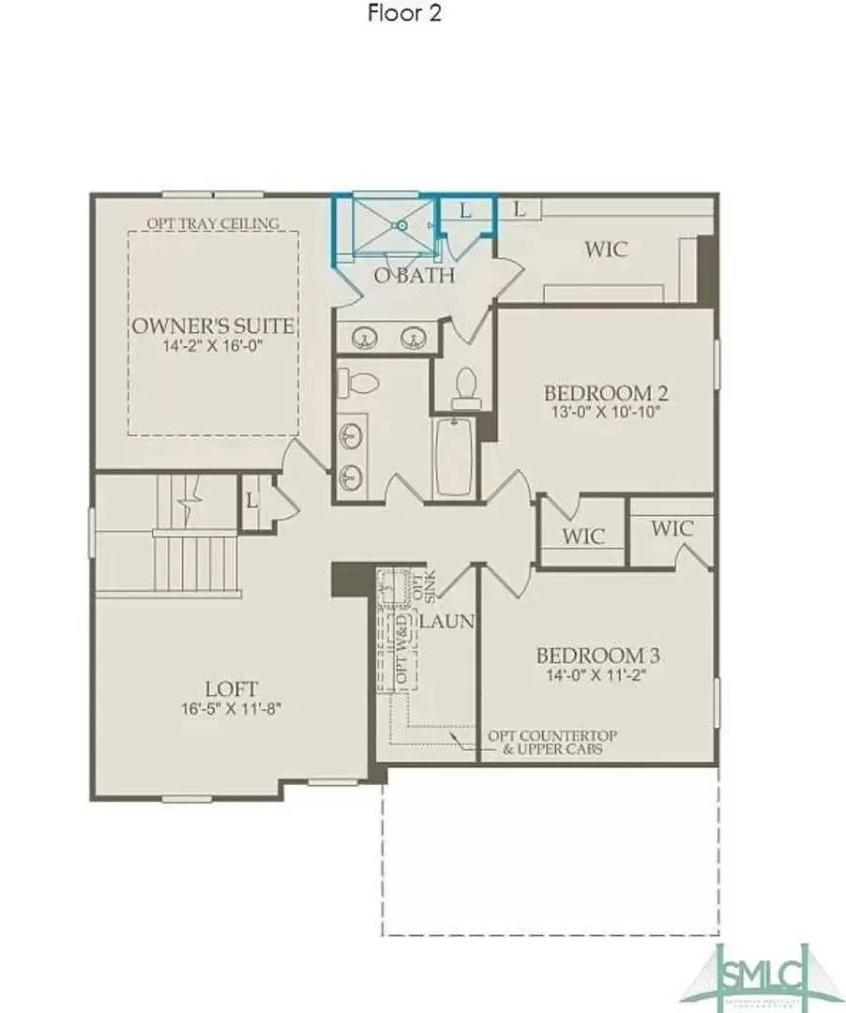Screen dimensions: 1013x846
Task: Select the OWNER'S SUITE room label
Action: coord(213,326)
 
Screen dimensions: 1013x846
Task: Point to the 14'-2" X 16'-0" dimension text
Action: coord(213,346)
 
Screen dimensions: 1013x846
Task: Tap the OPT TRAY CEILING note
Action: coord(213,223)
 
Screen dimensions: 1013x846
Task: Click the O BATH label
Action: coord(415,276)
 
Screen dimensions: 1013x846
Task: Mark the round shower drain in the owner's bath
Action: coord(401,225)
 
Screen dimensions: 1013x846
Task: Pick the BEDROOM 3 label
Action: coord(590,655)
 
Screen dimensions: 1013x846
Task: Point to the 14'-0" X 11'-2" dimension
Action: coord(590,673)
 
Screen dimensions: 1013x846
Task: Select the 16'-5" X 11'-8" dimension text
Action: coord(232,709)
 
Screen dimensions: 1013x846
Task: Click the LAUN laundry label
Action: coord(447,621)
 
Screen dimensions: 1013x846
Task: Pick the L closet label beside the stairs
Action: coord(251,500)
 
